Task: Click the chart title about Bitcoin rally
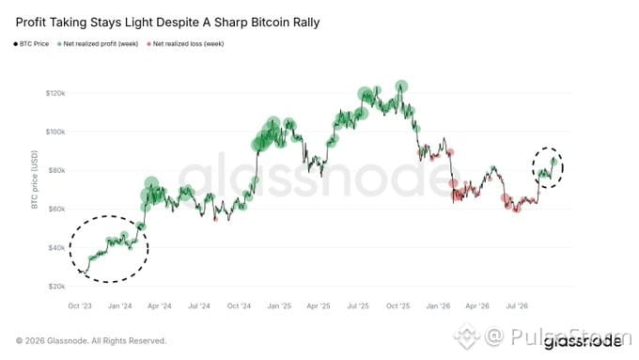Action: tap(167, 23)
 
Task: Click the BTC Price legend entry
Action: tap(31, 43)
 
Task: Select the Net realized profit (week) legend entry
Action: tap(98, 43)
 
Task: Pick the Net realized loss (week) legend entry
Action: tap(185, 43)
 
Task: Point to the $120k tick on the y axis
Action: tap(55, 93)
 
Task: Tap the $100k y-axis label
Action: tap(55, 133)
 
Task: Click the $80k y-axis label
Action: tap(56, 170)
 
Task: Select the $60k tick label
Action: tap(56, 210)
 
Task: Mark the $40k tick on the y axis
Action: tap(56, 248)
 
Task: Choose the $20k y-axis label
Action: tap(56, 287)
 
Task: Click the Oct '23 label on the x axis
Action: tap(80, 305)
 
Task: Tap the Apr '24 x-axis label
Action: tap(160, 305)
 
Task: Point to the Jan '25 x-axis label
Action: tap(279, 305)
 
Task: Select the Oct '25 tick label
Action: tap(398, 305)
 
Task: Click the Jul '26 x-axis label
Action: tap(517, 305)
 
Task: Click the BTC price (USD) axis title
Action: tap(35, 180)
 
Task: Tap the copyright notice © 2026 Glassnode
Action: tap(91, 341)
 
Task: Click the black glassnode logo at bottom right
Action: tap(583, 341)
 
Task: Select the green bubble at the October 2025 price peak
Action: tap(401, 86)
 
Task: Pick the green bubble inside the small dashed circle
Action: tap(553, 162)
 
